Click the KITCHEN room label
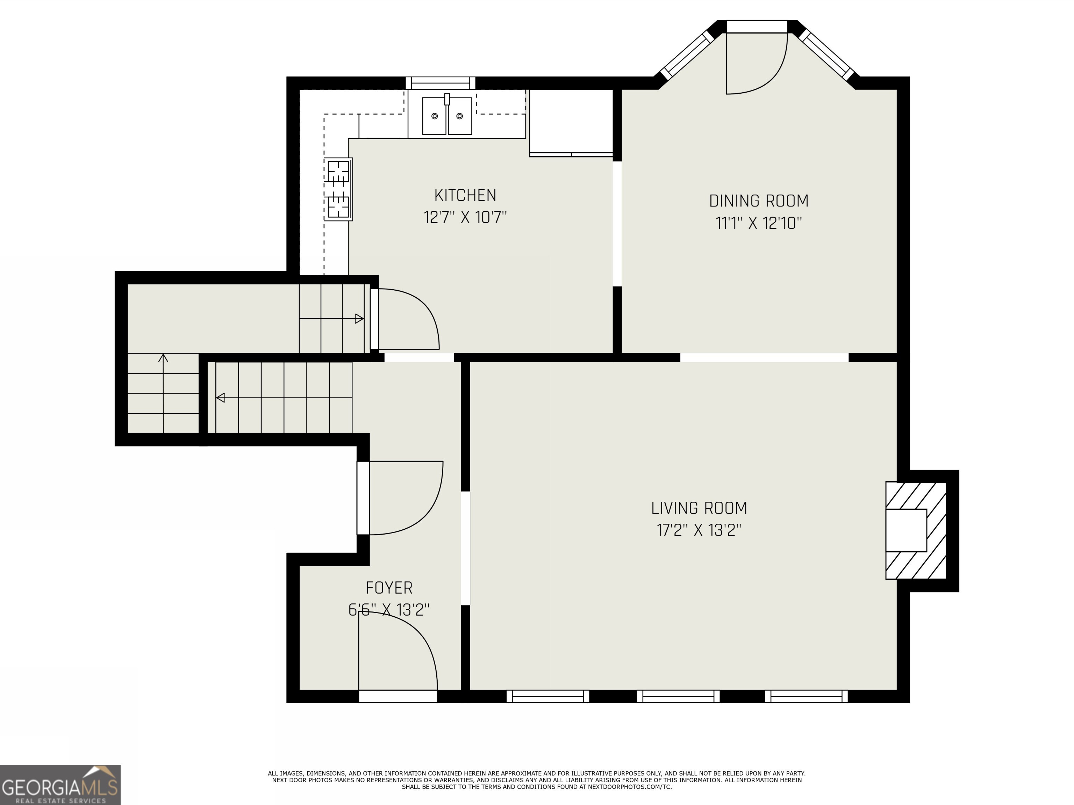465,195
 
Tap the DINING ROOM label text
758,201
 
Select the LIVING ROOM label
699,508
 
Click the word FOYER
389,588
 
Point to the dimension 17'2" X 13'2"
699,530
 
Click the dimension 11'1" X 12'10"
758,223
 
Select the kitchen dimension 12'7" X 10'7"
465,217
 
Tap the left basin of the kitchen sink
434,116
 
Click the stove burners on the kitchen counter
338,189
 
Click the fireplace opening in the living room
906,530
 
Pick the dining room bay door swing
758,65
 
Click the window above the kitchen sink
441,83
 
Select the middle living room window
678,696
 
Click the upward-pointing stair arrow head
163,358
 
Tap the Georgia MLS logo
60,785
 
